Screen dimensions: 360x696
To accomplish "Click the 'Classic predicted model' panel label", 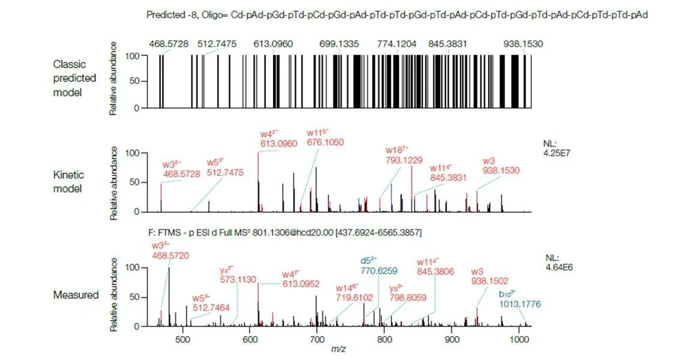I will click(x=75, y=79).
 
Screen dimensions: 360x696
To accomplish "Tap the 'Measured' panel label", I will click(x=76, y=294).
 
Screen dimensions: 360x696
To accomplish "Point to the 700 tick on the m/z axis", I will click(x=316, y=339).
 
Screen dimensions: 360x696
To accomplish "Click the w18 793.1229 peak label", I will click(x=403, y=155).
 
